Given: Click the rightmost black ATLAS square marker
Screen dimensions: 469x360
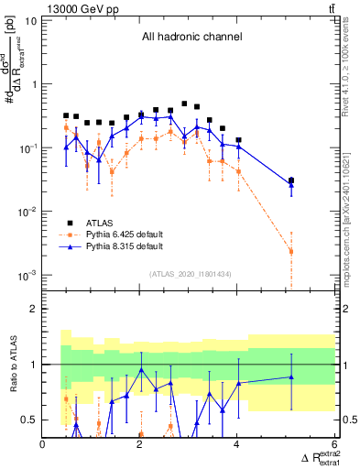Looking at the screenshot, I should point(291,180).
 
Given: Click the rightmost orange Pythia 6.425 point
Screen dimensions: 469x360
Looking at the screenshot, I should point(291,251).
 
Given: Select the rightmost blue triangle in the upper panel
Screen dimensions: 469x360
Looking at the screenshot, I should point(291,185).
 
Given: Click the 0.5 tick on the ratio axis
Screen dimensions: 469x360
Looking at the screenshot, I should point(29,420).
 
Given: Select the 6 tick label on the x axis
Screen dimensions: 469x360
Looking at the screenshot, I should point(334,445).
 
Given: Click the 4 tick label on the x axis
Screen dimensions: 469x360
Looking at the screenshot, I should point(237,445).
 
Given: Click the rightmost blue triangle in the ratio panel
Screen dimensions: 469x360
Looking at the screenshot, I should point(291,376).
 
